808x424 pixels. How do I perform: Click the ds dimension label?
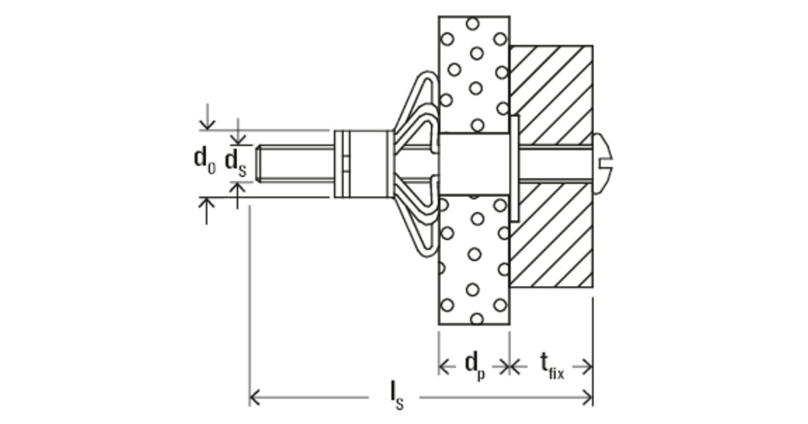(235, 162)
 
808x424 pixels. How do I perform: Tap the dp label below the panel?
(475, 365)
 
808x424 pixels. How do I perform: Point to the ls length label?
(397, 396)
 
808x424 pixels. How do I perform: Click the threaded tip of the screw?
(269, 163)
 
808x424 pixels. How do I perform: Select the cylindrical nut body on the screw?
(364, 164)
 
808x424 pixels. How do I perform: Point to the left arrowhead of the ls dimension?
(254, 397)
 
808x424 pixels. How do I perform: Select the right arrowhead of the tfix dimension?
(587, 366)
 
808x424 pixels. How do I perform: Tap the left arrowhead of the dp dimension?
(443, 366)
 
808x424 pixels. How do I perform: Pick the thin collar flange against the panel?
(515, 168)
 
